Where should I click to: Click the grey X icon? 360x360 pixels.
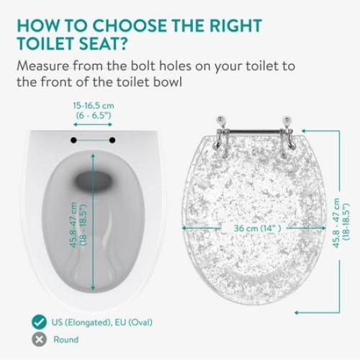pos(35,339)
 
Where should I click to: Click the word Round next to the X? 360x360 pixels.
pos(66,339)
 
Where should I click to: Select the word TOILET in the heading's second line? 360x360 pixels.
pos(63,44)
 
